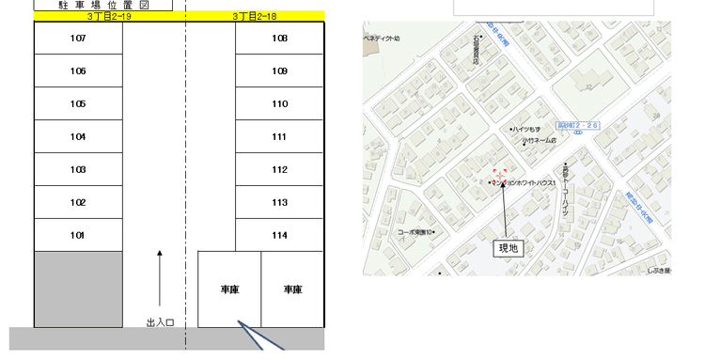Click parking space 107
pyautogui.click(x=78, y=39)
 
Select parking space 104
pyautogui.click(x=78, y=137)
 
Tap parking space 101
pyautogui.click(x=78, y=235)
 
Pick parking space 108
pyautogui.click(x=279, y=39)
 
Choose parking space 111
pyautogui.click(x=279, y=137)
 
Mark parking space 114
pyautogui.click(x=279, y=235)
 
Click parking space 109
pyautogui.click(x=279, y=71)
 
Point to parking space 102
pyautogui.click(x=78, y=202)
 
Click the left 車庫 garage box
pyautogui.click(x=228, y=290)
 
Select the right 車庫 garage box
pyautogui.click(x=292, y=290)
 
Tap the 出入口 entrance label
pyautogui.click(x=160, y=321)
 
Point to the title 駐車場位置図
pyautogui.click(x=103, y=5)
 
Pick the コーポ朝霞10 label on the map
pyautogui.click(x=415, y=232)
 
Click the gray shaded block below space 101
pyautogui.click(x=78, y=290)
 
